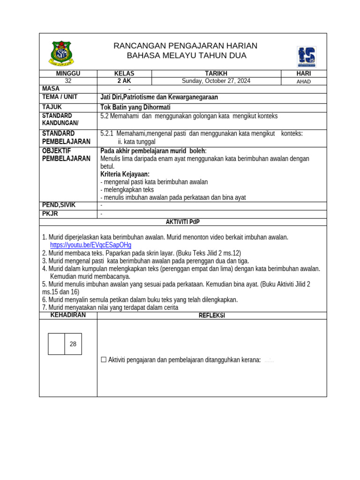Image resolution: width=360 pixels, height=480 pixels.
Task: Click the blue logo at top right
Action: (x=307, y=57)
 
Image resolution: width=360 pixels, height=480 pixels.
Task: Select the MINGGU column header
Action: (x=68, y=74)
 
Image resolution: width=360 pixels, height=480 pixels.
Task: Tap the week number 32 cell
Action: (x=68, y=81)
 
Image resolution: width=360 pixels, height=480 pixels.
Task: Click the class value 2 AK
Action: (x=124, y=81)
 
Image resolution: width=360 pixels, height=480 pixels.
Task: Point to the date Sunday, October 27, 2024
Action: (x=216, y=81)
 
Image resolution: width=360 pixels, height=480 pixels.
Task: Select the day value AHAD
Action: (x=304, y=81)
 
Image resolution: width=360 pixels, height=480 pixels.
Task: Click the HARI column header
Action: (x=304, y=74)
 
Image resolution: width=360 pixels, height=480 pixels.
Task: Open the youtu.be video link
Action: (x=90, y=245)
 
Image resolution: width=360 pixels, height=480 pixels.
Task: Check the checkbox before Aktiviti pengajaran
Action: (x=104, y=360)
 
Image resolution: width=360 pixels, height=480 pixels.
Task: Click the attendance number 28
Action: (x=73, y=344)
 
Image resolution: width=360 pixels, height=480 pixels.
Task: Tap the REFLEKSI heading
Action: (x=212, y=315)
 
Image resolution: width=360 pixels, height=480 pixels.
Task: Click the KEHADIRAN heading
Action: (x=68, y=315)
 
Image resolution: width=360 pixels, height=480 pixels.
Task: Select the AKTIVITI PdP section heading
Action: (x=183, y=222)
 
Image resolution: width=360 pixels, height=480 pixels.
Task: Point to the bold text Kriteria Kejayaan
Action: (x=125, y=174)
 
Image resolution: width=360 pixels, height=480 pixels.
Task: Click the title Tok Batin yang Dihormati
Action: (x=135, y=107)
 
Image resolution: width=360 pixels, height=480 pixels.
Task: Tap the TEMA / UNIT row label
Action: (x=60, y=97)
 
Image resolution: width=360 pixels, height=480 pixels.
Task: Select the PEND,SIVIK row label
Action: (x=59, y=205)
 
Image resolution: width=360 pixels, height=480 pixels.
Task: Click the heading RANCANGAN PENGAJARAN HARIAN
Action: (x=186, y=45)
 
